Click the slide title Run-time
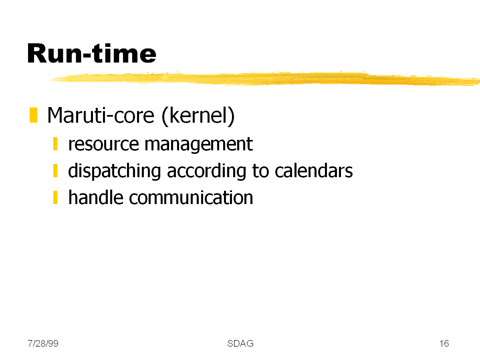(x=92, y=54)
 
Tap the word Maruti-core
(x=101, y=115)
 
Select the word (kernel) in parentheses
(x=198, y=116)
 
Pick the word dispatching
(x=115, y=171)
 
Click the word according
(x=206, y=171)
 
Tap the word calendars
(x=313, y=171)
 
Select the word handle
(x=96, y=197)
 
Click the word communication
(x=191, y=198)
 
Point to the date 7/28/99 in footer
(x=43, y=344)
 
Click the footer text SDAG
(x=240, y=344)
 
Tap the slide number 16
(x=444, y=344)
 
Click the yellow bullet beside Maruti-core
(x=33, y=115)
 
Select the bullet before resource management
(x=55, y=144)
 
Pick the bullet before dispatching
(x=55, y=171)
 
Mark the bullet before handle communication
(x=55, y=197)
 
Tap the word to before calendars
(x=260, y=171)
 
